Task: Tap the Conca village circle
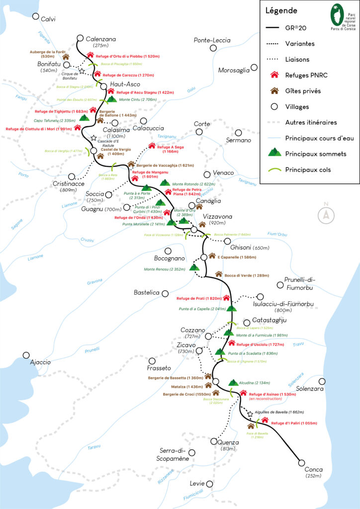pyautogui.click(x=301, y=462)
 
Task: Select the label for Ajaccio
pyautogui.click(x=40, y=362)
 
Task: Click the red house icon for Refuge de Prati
pyautogui.click(x=226, y=298)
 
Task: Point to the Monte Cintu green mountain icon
pyautogui.click(x=112, y=99)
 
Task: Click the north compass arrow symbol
pyautogui.click(x=326, y=214)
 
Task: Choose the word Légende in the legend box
pyautogui.click(x=281, y=10)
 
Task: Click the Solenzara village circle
pyautogui.click(x=322, y=381)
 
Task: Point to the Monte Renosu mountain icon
pyautogui.click(x=194, y=267)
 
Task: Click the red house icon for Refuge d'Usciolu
pyautogui.click(x=232, y=343)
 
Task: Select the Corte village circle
pyautogui.click(x=199, y=132)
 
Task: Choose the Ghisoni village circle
pyautogui.click(x=226, y=247)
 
